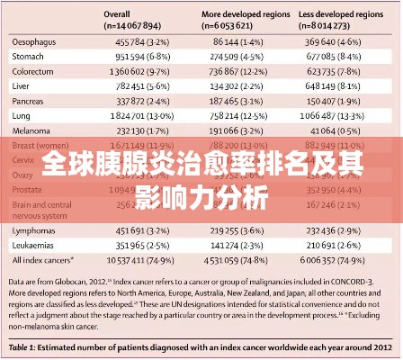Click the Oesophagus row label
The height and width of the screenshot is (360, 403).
[x=35, y=41]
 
